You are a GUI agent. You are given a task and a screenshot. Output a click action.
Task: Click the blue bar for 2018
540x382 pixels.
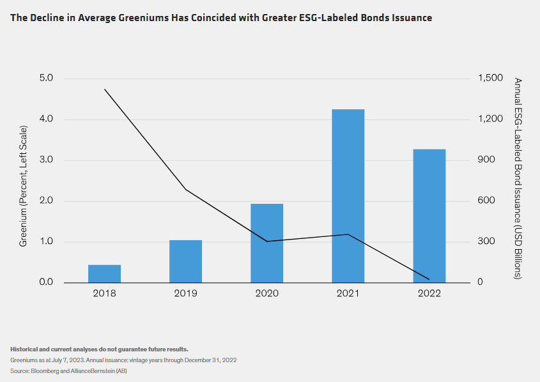[104, 273]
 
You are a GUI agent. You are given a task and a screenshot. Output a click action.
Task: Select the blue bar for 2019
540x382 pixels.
[185, 261]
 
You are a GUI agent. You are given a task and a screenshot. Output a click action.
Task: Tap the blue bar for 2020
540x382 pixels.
[266, 243]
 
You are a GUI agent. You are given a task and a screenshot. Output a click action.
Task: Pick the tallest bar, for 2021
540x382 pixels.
[348, 196]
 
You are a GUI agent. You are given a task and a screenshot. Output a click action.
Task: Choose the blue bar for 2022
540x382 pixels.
[429, 216]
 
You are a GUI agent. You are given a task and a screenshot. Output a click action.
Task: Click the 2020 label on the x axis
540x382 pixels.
[266, 294]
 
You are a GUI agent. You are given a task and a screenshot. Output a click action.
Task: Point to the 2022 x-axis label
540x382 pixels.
[429, 294]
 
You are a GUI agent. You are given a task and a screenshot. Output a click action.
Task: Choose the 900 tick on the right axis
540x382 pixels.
[487, 160]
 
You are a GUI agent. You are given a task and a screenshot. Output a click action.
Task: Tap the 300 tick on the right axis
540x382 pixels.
[487, 241]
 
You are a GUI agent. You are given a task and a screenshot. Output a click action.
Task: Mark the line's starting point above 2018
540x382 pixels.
[104, 89]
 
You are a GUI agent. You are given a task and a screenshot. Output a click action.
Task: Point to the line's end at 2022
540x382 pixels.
[429, 279]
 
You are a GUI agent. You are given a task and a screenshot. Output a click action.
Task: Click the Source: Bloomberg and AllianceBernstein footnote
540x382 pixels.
[68, 371]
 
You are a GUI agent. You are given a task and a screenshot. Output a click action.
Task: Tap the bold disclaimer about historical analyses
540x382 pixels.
[99, 349]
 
